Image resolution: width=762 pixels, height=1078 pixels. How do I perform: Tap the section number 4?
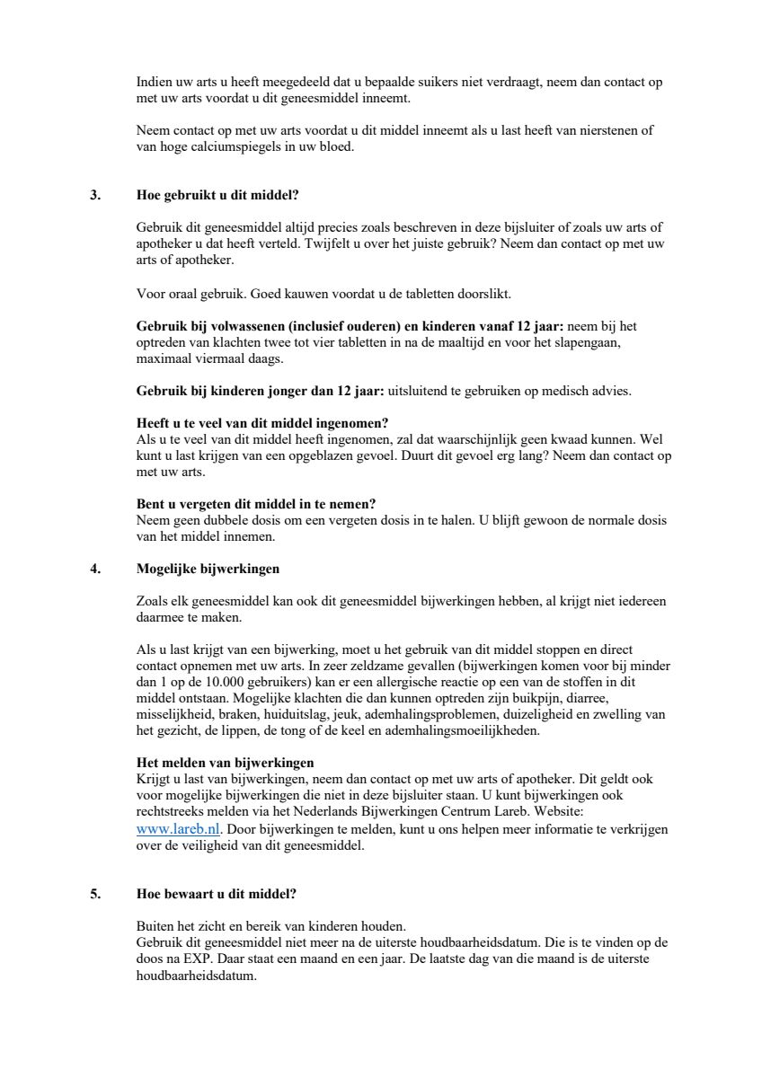pyautogui.click(x=95, y=569)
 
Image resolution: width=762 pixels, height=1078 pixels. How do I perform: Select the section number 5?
pyautogui.click(x=95, y=894)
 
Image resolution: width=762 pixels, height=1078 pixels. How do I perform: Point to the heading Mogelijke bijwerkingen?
pyautogui.click(x=208, y=569)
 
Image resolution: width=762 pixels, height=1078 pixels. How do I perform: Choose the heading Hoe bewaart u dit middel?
pyautogui.click(x=216, y=894)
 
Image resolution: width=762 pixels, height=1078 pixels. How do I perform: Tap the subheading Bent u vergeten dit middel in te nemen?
pyautogui.click(x=255, y=504)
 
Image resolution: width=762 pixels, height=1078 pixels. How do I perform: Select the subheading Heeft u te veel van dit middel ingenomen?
pyautogui.click(x=262, y=423)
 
